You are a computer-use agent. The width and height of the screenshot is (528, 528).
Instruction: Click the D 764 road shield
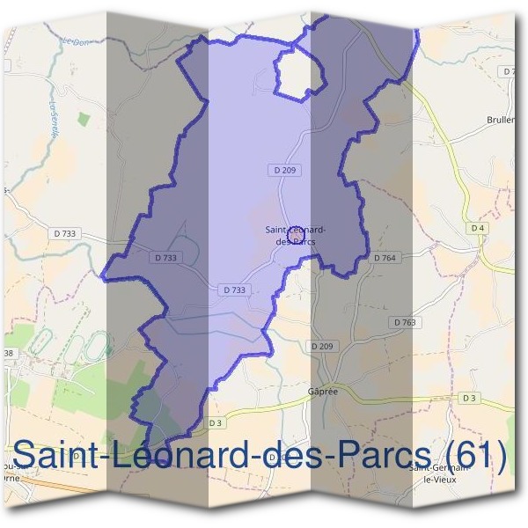[x=385, y=258]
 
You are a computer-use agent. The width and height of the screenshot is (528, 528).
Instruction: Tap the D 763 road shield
[x=405, y=323]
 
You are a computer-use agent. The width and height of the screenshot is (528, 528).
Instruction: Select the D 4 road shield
[x=478, y=228]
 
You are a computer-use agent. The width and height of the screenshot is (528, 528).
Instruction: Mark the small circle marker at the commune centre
[x=296, y=233]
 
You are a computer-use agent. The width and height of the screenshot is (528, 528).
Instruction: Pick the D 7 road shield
[x=508, y=70]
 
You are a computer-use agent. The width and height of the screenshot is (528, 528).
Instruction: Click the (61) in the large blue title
[x=476, y=457]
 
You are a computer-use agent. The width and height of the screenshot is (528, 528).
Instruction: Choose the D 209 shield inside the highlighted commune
[x=281, y=168]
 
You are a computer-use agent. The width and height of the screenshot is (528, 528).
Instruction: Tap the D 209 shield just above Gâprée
[x=323, y=347]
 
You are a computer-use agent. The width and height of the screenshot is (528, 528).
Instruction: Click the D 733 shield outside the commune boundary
[x=65, y=233]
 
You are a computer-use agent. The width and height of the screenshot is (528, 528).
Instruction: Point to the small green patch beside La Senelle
[x=84, y=118]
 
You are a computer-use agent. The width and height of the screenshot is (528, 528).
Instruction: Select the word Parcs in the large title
[x=385, y=457]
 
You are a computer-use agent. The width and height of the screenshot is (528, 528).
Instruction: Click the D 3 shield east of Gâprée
[x=469, y=399]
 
